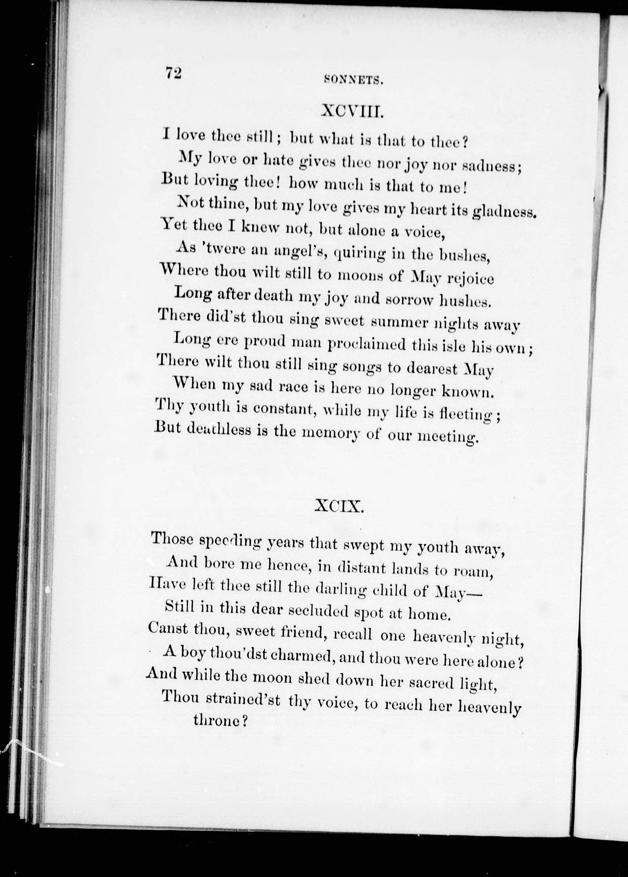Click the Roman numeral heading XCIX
(x=340, y=506)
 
